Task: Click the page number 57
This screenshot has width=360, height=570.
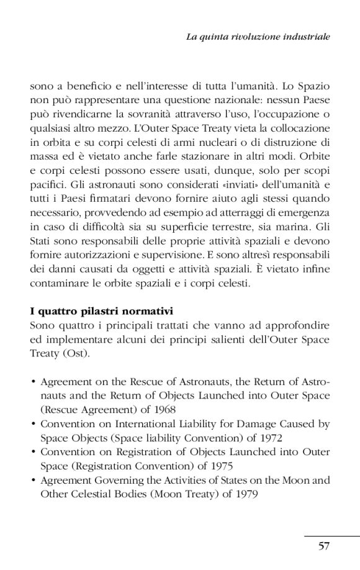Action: click(x=323, y=546)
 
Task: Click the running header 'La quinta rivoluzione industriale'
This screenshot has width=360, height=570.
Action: click(x=258, y=37)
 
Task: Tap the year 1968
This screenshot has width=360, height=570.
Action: click(x=163, y=409)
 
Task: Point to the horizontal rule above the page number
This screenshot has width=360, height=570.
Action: click(x=331, y=535)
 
